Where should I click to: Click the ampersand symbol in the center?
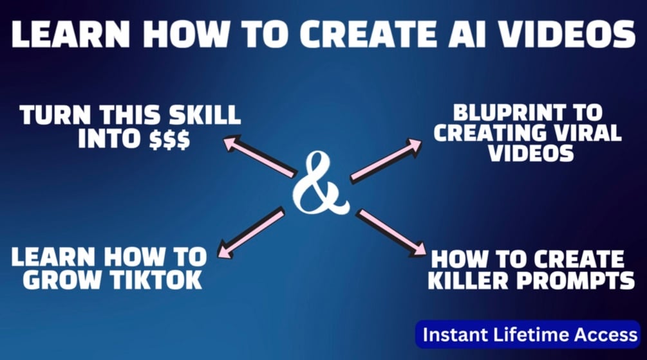pos(320,184)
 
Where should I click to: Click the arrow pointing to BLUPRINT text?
pos(386,160)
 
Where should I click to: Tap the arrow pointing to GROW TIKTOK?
pos(250,231)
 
